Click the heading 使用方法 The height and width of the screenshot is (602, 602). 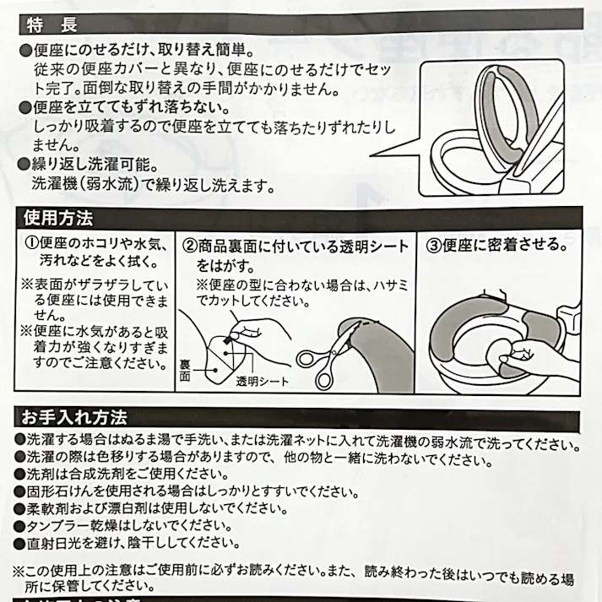pyautogui.click(x=61, y=218)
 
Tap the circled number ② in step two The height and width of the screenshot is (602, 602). pyautogui.click(x=188, y=246)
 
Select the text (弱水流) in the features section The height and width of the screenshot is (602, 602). pyautogui.click(x=117, y=184)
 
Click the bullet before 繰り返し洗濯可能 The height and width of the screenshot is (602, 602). pyautogui.click(x=25, y=165)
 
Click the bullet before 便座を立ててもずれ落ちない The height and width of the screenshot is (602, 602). pyautogui.click(x=25, y=107)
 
